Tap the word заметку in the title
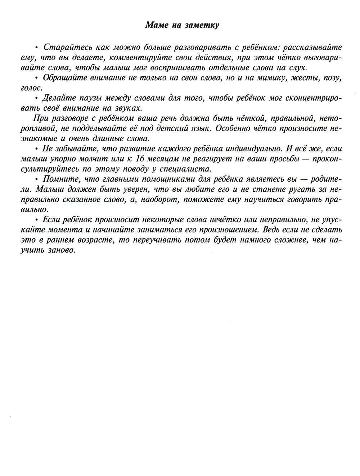pos(202,25)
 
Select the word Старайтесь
pos(64,47)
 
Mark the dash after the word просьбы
pos(306,159)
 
